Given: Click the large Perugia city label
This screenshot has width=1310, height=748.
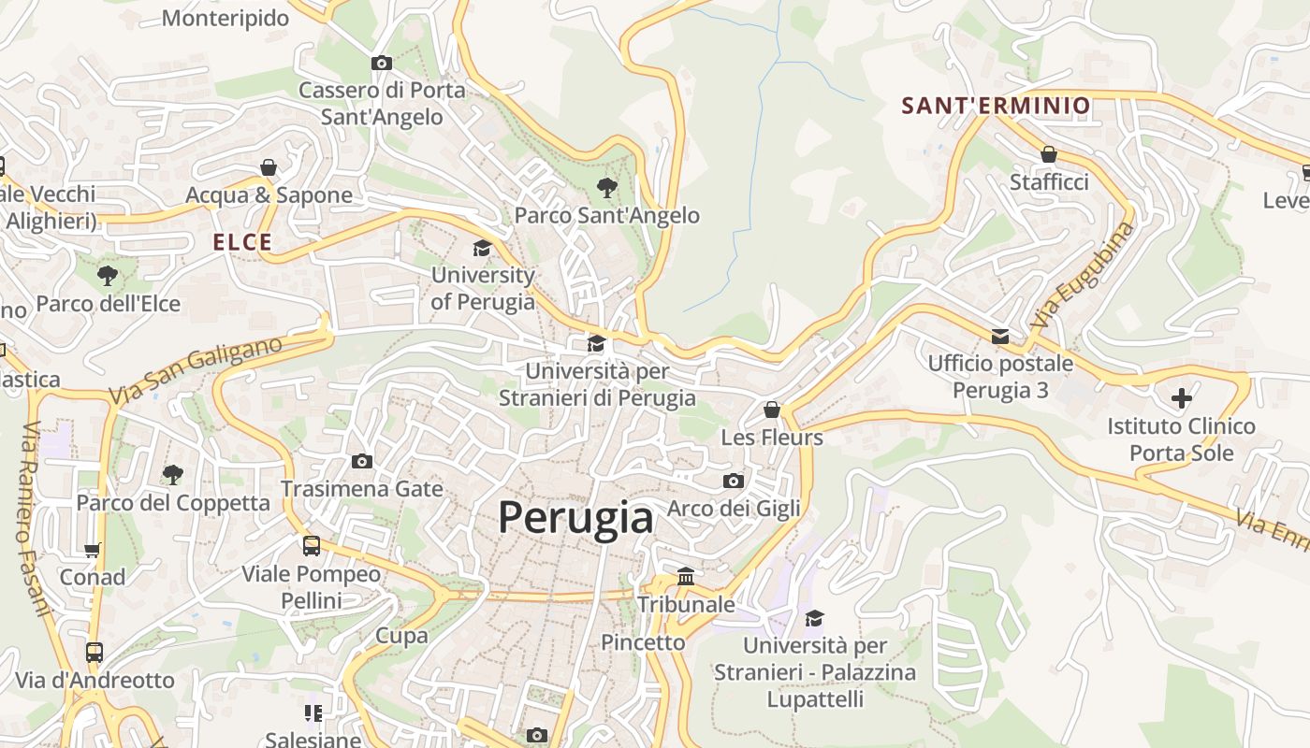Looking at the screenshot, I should click(575, 517).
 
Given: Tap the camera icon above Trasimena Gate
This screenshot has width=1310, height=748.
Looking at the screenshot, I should click(362, 461).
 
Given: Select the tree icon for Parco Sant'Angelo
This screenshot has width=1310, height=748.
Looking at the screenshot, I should click(606, 188).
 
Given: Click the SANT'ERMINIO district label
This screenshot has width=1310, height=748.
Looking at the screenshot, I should click(996, 106).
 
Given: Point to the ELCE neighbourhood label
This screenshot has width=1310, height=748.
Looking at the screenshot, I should click(242, 243).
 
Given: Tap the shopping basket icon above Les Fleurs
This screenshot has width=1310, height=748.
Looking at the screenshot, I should click(772, 410).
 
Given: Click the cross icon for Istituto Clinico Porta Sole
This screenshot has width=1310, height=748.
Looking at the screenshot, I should click(1182, 399).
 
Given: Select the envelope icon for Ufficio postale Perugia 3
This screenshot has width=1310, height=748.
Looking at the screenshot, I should click(1000, 336).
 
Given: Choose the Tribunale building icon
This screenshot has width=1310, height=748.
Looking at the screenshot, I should click(686, 577).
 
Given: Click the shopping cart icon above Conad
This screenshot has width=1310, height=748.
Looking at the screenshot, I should click(93, 550).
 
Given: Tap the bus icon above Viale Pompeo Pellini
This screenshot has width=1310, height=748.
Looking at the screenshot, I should click(312, 545).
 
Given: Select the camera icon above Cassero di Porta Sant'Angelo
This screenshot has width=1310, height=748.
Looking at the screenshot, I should click(381, 64).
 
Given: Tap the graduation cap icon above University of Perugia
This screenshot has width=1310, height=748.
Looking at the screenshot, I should click(482, 248).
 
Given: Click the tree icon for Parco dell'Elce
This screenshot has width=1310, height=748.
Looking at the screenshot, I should click(108, 276).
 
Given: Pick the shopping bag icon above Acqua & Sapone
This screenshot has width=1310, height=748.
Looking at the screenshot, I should click(269, 167).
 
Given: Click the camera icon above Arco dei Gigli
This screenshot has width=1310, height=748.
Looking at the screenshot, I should click(734, 481).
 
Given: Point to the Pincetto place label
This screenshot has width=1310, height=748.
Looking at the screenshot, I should click(643, 642).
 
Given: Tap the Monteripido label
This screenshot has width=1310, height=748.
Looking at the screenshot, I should click(226, 18).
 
